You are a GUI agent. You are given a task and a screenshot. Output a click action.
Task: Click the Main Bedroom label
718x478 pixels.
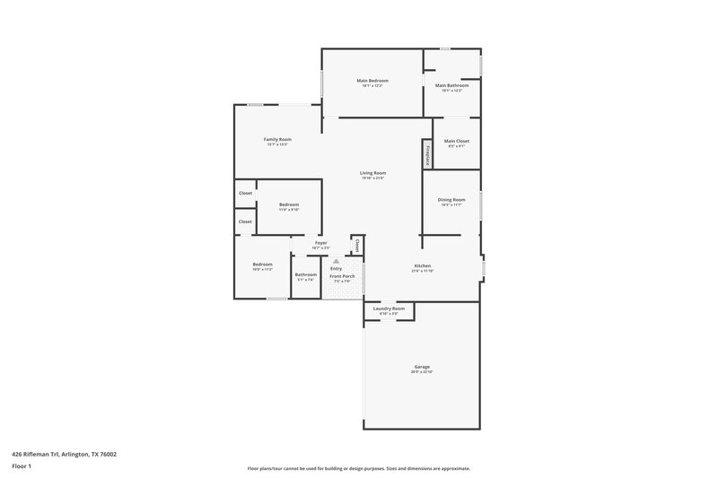point(372,81)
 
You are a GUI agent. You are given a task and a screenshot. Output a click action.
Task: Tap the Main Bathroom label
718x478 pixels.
point(451,85)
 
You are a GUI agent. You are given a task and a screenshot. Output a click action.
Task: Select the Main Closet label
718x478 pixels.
point(457,141)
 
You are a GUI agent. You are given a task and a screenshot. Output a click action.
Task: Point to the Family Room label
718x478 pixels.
point(277,139)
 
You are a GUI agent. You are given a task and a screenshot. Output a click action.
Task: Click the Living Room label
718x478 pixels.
point(372,172)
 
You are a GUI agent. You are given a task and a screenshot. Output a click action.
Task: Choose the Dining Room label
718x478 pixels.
point(451,199)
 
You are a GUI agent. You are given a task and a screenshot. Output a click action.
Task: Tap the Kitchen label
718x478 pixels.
point(423,265)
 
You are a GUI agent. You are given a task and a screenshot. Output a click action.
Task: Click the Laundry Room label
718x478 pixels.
point(389,309)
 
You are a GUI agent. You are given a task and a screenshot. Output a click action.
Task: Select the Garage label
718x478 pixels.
point(422,366)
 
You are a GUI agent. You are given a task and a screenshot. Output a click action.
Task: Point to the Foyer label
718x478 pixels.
point(320,242)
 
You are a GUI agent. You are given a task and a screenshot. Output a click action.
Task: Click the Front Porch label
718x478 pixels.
point(341,276)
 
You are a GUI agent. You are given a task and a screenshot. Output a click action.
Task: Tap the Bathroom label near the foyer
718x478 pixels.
point(305,274)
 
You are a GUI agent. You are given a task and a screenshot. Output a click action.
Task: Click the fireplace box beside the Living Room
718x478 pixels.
point(427,154)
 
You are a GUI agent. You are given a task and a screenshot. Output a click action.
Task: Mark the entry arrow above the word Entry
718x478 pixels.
point(336,261)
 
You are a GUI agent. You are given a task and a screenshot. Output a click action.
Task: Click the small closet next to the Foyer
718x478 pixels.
point(356,244)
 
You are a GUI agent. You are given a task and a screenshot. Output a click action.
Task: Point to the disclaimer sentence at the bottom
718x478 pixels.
point(359,468)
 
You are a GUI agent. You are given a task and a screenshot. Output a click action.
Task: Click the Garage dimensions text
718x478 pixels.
point(422,371)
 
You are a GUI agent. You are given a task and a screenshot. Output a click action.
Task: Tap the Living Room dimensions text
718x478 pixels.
point(372,178)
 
